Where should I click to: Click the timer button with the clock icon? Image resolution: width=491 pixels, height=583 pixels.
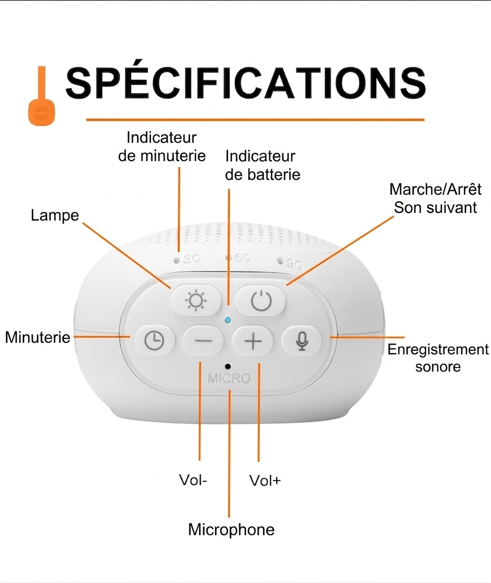tap(154, 340)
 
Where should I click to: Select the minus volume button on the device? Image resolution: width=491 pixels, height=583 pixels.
tap(203, 340)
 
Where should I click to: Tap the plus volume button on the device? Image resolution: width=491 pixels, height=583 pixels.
tap(253, 340)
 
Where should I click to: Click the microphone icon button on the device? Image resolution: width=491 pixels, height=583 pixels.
tap(302, 340)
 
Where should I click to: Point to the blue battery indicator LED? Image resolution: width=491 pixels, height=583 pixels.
tap(228, 320)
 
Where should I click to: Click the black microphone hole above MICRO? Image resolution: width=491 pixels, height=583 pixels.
tap(228, 367)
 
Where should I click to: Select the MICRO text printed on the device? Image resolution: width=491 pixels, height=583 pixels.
tap(229, 378)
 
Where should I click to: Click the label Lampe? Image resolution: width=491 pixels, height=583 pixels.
tap(55, 215)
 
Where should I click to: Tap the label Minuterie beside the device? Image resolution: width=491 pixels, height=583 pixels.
tap(37, 337)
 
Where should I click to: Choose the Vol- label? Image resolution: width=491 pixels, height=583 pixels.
tap(193, 480)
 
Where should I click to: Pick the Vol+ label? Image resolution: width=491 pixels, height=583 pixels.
tap(265, 481)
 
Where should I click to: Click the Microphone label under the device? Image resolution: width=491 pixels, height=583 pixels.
tap(231, 529)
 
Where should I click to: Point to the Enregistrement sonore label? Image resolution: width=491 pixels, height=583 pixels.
tap(438, 358)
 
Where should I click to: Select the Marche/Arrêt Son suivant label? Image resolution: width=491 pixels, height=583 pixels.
tap(435, 198)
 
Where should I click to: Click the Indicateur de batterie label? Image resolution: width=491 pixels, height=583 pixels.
tap(263, 165)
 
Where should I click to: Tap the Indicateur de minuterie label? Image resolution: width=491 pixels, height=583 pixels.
tap(162, 147)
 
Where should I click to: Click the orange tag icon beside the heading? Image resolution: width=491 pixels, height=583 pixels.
tap(42, 96)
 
